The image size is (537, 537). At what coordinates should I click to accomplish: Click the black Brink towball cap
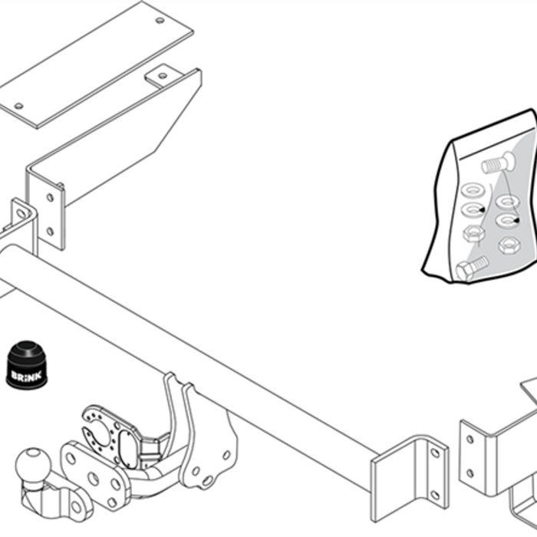pos(27,364)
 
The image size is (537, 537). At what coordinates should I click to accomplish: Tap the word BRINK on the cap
pos(27,375)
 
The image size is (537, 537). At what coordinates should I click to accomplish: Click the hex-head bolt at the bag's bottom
pos(472,268)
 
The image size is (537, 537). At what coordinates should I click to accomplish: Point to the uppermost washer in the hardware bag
pos(473,189)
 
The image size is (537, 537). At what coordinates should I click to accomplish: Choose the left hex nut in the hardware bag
pos(473,234)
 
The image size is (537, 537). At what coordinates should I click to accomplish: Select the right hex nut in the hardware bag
pos(509,245)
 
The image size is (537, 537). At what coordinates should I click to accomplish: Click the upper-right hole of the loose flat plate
pos(160,21)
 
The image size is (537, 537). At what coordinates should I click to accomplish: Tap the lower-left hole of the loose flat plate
pos(19,106)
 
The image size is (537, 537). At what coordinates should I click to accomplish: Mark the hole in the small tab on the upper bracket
pos(163,76)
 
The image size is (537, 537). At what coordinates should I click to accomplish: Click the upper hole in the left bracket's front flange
pos(50,198)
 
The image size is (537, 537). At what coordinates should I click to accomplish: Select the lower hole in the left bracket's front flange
pos(50,232)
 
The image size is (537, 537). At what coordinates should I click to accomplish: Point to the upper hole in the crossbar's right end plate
pos(435,453)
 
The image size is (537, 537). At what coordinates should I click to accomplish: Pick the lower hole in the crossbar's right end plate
pos(435,496)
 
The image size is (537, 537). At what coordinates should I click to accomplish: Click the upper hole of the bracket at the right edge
pos(469,439)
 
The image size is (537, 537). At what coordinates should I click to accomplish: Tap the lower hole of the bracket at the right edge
pos(469,473)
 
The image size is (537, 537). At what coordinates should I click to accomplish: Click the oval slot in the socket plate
pos(127,449)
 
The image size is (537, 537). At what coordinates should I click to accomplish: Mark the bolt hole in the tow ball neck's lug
pos(76,507)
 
